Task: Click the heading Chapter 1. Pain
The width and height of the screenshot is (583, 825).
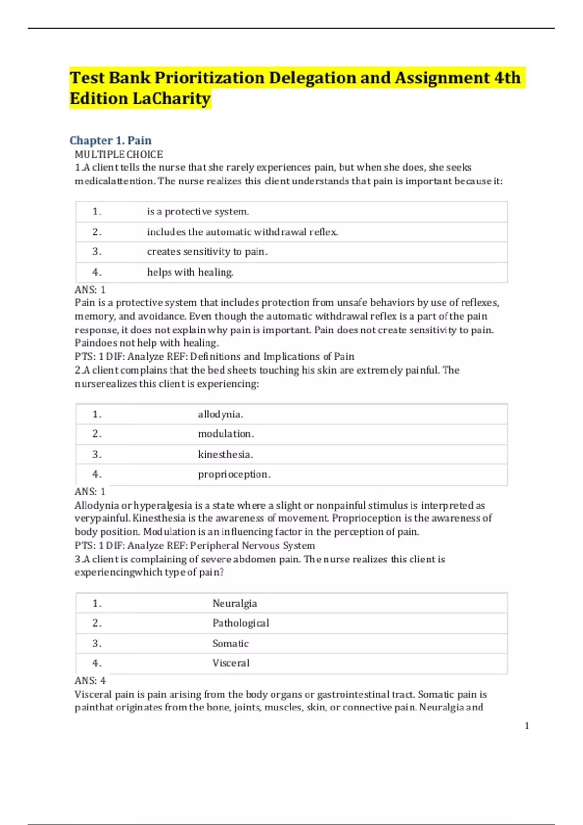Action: coord(110,140)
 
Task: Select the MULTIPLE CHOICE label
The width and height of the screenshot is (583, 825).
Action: coord(119,154)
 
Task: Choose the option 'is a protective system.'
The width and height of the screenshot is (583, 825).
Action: coord(198,212)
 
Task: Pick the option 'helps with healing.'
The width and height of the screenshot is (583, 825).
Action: coord(190,272)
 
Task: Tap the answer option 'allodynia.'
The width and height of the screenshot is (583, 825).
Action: coord(220,414)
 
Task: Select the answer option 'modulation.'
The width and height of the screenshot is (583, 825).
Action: coord(225,434)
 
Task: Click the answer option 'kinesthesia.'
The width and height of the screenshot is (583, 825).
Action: coord(225,454)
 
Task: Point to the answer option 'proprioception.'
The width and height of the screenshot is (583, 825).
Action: coord(234,474)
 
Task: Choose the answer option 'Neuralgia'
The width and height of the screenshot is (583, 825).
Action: coord(234,603)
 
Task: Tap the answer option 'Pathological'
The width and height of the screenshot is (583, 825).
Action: coord(240,623)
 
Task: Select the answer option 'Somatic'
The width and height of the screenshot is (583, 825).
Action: coord(230,643)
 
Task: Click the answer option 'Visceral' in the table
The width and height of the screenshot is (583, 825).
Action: coord(231,663)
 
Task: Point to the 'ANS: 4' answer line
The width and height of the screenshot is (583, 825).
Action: coord(90,680)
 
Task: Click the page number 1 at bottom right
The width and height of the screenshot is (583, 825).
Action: coord(527,726)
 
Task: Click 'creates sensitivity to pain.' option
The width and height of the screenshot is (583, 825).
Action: coord(207,252)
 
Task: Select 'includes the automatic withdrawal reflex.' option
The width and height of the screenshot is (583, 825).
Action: coord(242,232)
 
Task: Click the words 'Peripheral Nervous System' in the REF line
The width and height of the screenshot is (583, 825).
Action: coord(252,545)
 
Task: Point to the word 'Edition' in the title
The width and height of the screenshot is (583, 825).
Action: coord(99,99)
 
